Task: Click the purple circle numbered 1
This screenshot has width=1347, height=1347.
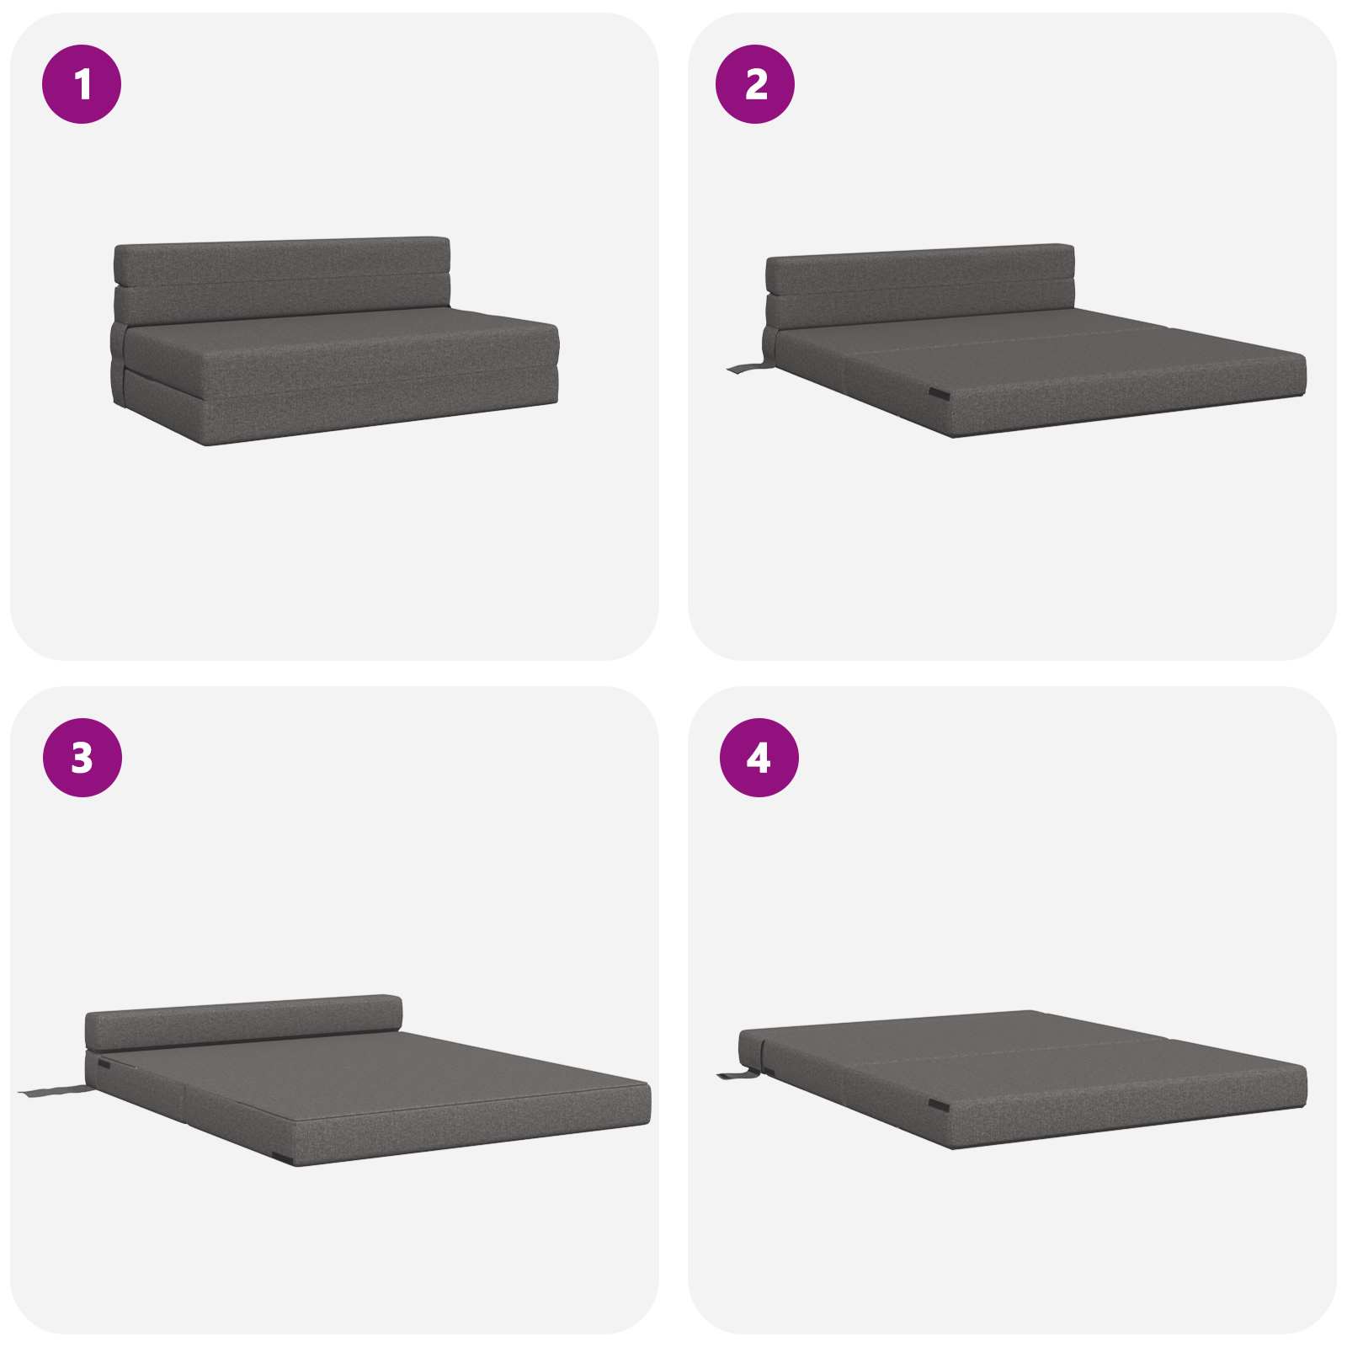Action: [x=82, y=84]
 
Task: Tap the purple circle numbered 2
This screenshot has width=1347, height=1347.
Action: [x=755, y=84]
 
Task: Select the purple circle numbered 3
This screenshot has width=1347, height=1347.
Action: [x=82, y=758]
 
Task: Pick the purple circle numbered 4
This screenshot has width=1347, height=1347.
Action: [x=759, y=758]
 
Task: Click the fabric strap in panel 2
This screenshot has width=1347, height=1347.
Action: [x=747, y=367]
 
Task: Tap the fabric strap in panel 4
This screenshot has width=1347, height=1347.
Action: [x=738, y=1075]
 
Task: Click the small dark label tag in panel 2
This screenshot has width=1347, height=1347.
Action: [x=938, y=394]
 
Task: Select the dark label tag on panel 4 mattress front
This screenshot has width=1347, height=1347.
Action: [x=939, y=1104]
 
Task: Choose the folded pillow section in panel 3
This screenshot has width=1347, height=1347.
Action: [x=244, y=1020]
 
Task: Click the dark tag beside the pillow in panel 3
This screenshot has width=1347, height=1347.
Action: [x=104, y=1065]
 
